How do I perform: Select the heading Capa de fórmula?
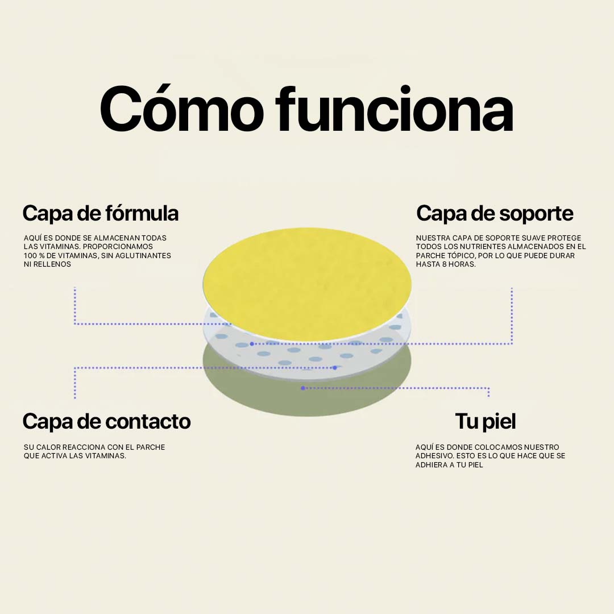tap(101, 213)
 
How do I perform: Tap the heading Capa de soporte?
tap(495, 213)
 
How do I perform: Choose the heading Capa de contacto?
tap(106, 421)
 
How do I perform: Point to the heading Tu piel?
tap(485, 421)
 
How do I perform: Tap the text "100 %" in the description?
tap(35, 256)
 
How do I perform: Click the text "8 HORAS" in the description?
tap(458, 264)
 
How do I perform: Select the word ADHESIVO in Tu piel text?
tap(434, 456)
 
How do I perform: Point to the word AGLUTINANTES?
tap(144, 256)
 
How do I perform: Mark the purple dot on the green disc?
tap(303, 388)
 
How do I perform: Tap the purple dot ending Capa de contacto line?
tap(335, 368)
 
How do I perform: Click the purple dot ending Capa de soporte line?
tap(252, 344)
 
